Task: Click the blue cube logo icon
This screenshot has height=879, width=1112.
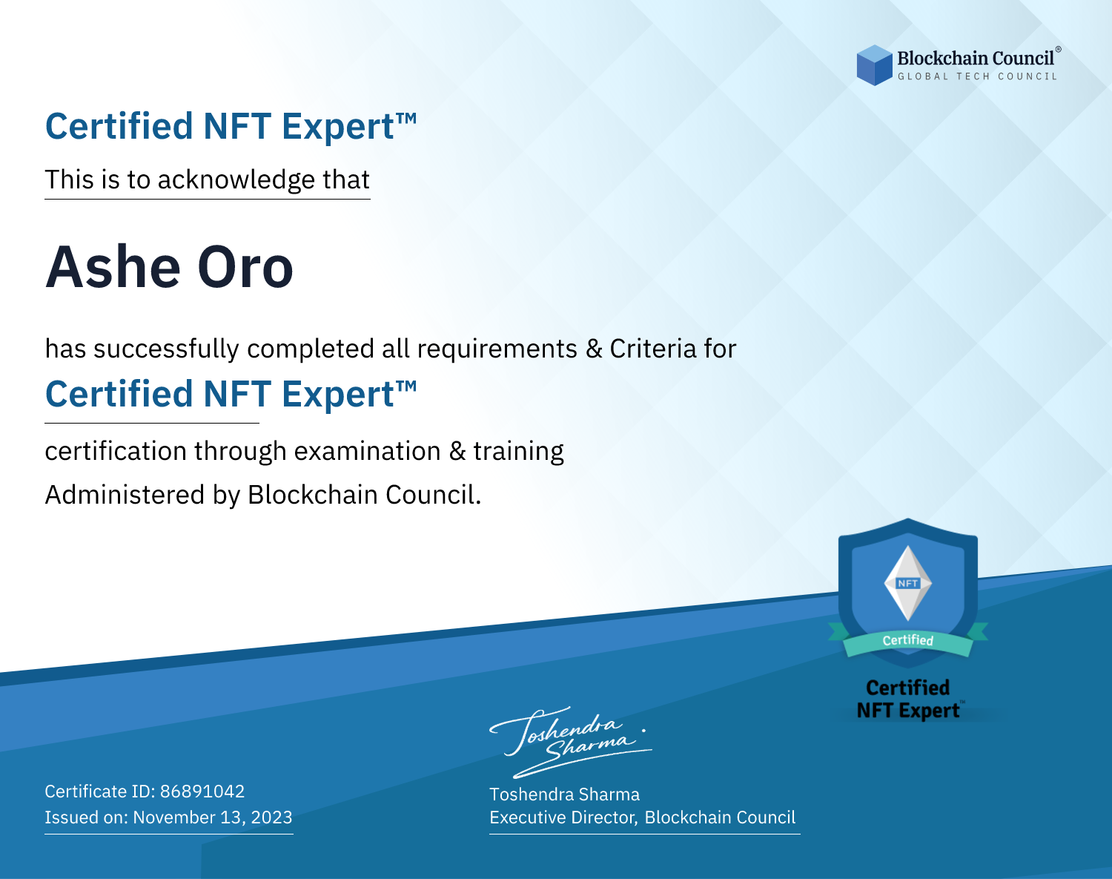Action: pos(874,65)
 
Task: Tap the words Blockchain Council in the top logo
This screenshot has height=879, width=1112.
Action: pos(976,59)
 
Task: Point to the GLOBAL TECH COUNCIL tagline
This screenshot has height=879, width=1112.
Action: pos(977,76)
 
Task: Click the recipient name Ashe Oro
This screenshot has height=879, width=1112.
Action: pos(169,267)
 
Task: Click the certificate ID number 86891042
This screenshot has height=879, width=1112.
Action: pos(202,791)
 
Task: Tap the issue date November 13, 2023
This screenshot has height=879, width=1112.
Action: pos(212,817)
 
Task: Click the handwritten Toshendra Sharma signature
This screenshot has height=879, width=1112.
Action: pos(571,742)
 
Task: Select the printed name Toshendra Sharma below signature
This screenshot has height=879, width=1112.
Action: pos(564,794)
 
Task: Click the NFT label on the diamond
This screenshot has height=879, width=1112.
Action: pos(907,583)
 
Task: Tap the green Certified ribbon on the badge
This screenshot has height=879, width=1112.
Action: pos(908,641)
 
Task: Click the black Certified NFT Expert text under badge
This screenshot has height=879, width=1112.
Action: pos(908,699)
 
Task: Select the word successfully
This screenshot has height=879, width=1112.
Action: pos(166,349)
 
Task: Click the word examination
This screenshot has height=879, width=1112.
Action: pos(367,451)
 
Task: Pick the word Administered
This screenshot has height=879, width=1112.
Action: pos(125,494)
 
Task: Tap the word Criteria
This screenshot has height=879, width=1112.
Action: pos(652,349)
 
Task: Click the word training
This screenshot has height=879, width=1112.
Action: pos(518,452)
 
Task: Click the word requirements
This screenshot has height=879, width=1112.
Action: pos(497,349)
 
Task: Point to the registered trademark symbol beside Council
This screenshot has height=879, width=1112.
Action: pos(1059,49)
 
